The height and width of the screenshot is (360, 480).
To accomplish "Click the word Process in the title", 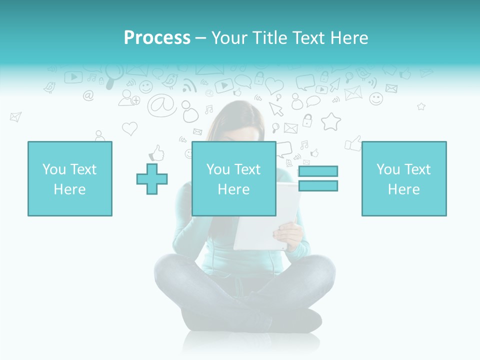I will click(x=157, y=38).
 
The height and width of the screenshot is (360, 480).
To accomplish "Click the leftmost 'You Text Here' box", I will click(x=70, y=178).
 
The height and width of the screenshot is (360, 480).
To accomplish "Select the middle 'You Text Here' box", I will click(x=233, y=178).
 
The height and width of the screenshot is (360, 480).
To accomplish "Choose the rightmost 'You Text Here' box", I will click(x=404, y=178).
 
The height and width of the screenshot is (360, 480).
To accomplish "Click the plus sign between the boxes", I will click(x=152, y=178).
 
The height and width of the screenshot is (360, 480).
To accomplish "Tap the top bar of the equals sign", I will click(x=318, y=171).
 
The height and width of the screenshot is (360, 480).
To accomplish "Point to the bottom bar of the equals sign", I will click(x=318, y=185).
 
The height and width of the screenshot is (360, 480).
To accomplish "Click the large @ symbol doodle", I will click(x=161, y=105).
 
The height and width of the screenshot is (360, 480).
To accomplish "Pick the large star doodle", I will click(x=330, y=121).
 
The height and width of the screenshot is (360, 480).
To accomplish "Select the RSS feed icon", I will click(x=189, y=86).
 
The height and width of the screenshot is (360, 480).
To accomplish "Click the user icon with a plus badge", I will click(x=128, y=97).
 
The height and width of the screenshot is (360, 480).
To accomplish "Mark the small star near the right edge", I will click(x=421, y=106).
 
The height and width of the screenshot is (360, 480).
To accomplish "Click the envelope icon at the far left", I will click(x=15, y=117).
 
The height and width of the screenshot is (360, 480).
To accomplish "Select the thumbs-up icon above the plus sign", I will click(x=157, y=152).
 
